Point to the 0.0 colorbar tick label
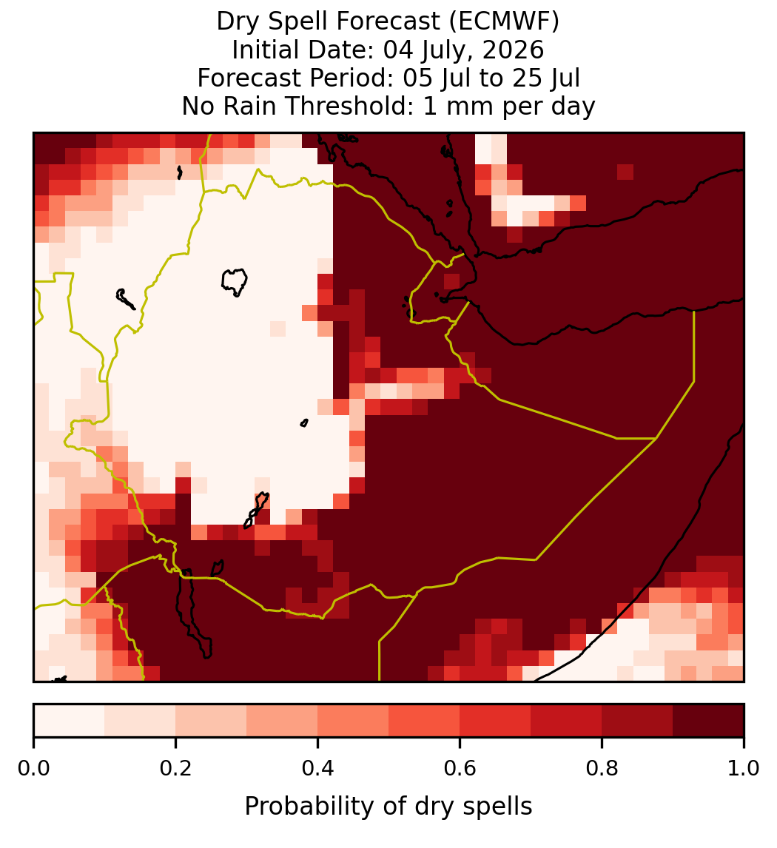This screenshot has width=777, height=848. click(x=34, y=769)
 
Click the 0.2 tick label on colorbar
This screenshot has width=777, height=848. click(x=175, y=769)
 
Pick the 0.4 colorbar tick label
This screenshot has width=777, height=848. click(x=318, y=769)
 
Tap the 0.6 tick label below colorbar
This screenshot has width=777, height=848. click(x=460, y=769)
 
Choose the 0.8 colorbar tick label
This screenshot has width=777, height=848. click(x=602, y=769)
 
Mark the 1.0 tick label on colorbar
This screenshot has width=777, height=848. click(x=744, y=769)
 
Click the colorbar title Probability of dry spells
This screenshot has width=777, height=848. click(x=388, y=807)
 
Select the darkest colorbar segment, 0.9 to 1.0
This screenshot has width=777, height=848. click(x=709, y=721)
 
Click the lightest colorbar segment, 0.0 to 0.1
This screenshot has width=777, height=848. click(x=70, y=721)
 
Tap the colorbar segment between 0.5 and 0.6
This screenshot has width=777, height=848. click(x=425, y=721)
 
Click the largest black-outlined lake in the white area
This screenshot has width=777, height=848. click(x=234, y=281)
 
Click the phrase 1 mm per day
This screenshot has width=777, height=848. click(x=509, y=106)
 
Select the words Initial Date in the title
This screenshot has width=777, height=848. click(x=303, y=50)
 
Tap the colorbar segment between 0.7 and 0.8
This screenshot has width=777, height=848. click(x=567, y=721)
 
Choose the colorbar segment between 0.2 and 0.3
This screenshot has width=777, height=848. click(x=212, y=721)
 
